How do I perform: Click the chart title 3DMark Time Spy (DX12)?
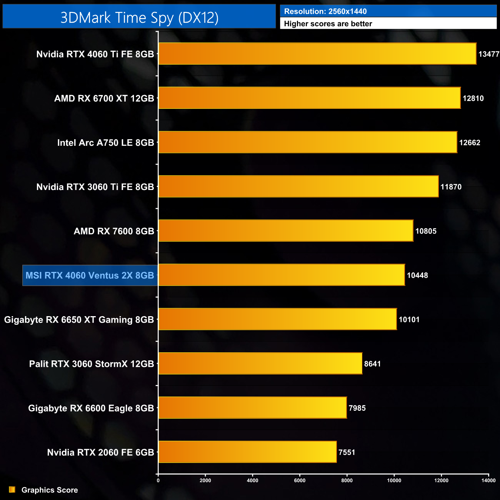tap(139, 18)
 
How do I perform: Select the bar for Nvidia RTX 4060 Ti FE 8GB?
tap(317, 54)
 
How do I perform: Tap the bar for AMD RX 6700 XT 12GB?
tap(309, 98)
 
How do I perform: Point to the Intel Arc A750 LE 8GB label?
tap(105, 143)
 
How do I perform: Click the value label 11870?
tap(451, 187)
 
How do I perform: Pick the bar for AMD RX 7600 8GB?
tap(286, 231)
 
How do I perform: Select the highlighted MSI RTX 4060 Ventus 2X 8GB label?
tap(90, 275)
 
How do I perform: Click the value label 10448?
tap(417, 275)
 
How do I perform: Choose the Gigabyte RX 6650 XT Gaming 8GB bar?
tap(277, 319)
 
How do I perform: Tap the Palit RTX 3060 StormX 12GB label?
tap(92, 364)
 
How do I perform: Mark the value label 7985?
tap(357, 408)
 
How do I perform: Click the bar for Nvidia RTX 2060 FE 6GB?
tap(247, 452)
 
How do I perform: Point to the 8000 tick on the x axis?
tap(347, 480)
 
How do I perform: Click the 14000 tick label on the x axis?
tap(488, 480)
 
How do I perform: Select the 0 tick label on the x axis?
tap(158, 480)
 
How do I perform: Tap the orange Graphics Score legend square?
tap(12, 490)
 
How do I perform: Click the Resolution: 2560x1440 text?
tap(325, 12)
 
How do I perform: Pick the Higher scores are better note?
tap(328, 24)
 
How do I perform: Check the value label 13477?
tap(488, 54)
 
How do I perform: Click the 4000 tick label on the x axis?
tap(252, 480)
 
